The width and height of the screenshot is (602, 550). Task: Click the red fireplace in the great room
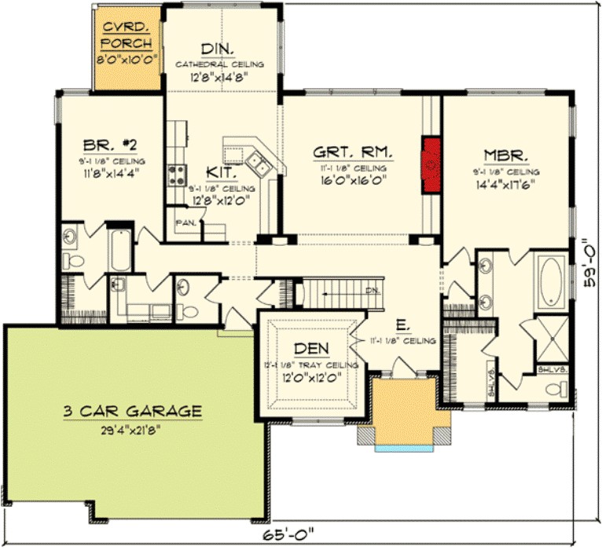(431, 164)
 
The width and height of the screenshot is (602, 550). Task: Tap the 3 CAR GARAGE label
(132, 410)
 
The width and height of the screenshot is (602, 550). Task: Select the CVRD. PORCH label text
(127, 36)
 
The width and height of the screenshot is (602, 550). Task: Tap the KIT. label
(218, 172)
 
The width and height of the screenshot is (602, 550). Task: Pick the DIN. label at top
(218, 49)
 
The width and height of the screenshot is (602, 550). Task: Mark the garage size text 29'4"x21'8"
(132, 429)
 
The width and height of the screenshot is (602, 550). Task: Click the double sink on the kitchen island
(259, 163)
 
